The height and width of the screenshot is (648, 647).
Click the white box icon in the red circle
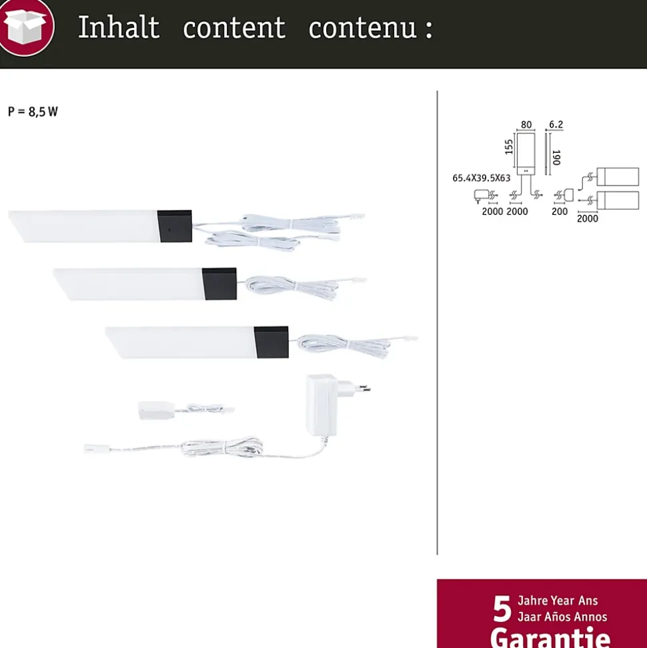[25, 27]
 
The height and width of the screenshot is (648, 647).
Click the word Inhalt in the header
[119, 27]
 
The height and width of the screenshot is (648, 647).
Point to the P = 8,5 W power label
[33, 111]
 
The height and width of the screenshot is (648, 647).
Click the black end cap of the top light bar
[175, 226]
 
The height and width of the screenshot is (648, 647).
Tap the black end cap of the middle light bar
[220, 284]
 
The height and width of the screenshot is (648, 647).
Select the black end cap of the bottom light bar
[272, 342]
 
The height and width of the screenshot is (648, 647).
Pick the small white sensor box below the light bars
[155, 410]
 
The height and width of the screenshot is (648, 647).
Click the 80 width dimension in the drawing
[526, 124]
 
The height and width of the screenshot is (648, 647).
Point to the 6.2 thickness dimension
[556, 124]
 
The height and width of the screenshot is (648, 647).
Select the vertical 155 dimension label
[508, 147]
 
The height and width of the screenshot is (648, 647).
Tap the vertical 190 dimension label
[556, 157]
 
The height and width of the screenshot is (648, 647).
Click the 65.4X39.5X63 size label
[482, 178]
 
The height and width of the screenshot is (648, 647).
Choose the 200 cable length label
[560, 212]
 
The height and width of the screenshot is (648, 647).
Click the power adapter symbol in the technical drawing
[482, 195]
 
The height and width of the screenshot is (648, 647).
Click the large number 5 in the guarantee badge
[502, 609]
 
